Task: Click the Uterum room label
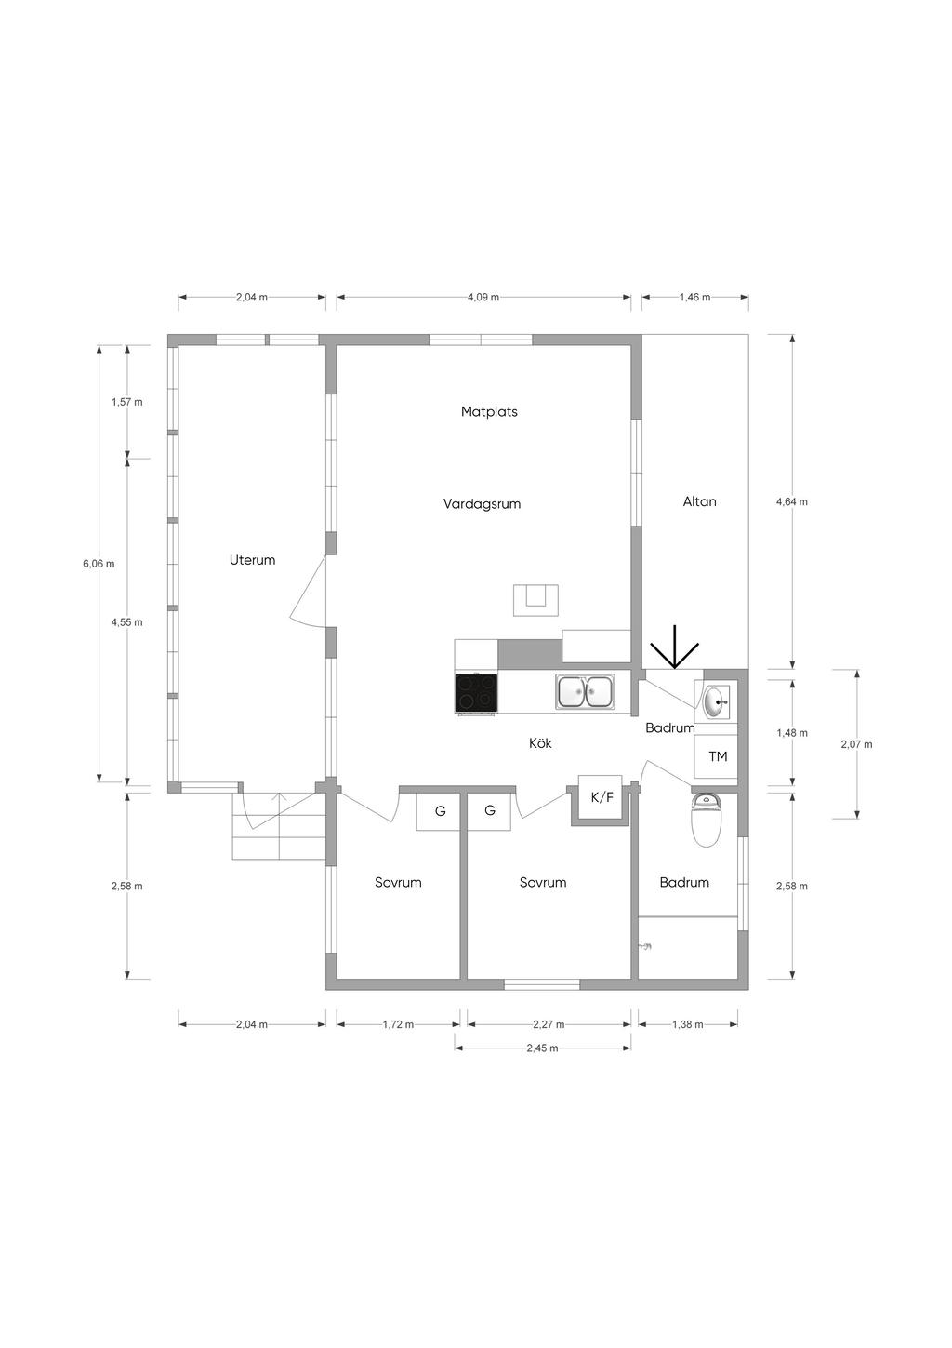[252, 560]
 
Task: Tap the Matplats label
[489, 411]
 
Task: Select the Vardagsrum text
[482, 504]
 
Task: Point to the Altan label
[699, 501]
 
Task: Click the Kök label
[540, 743]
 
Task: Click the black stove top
[477, 693]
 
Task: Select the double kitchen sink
[585, 691]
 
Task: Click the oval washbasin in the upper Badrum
[716, 702]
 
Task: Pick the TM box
[716, 757]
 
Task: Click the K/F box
[600, 797]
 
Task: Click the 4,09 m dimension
[483, 298]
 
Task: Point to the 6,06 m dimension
[99, 564]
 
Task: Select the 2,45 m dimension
[542, 1048]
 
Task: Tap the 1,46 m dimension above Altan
[694, 298]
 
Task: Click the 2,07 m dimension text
[856, 744]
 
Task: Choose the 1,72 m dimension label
[398, 1024]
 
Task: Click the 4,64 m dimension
[792, 501]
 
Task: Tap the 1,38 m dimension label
[687, 1024]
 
